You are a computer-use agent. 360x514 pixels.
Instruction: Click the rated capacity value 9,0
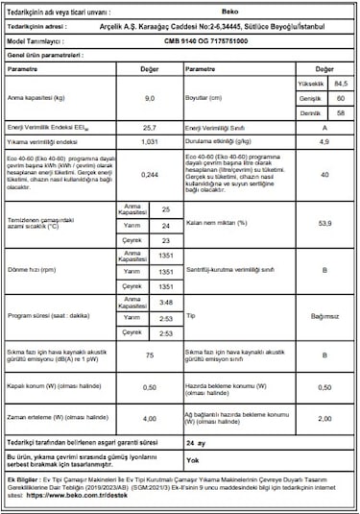[x=149, y=99]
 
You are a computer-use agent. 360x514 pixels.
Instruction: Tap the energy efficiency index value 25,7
[x=149, y=127]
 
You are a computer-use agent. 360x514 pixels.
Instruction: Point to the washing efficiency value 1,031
[x=149, y=140]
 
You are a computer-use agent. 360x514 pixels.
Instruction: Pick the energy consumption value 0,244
[x=149, y=174]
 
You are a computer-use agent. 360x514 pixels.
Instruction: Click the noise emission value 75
[x=149, y=355]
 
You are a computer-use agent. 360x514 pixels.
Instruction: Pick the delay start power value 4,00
[x=149, y=419]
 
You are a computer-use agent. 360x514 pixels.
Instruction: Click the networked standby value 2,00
[x=325, y=419]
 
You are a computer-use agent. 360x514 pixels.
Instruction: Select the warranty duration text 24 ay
[x=196, y=443]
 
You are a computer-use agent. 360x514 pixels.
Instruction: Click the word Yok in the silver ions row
[x=191, y=461]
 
